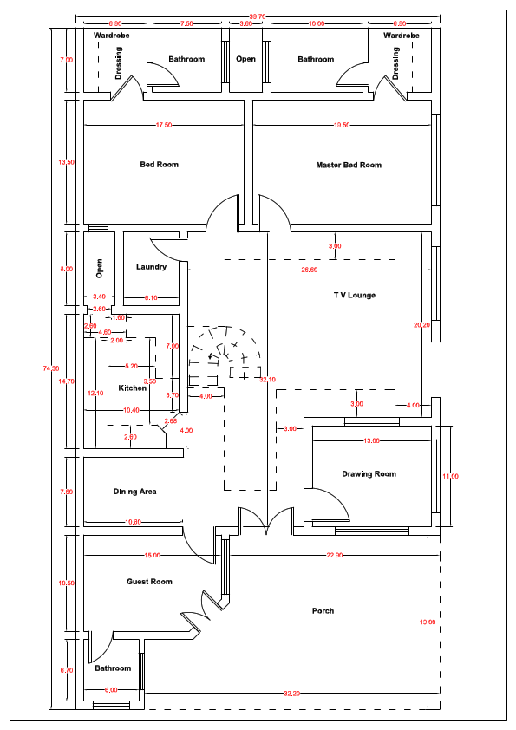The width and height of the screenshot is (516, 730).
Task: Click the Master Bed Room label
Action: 348,165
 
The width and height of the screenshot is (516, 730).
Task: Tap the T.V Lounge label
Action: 354,296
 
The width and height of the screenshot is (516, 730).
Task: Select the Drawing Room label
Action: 369,474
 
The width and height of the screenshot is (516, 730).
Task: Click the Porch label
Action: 323,611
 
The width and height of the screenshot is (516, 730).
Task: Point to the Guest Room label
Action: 149,582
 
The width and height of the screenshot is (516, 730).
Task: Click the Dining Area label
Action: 134,492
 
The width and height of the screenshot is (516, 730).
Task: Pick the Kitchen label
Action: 133,388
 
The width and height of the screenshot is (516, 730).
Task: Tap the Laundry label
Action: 151,267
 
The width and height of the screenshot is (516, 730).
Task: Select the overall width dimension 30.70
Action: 257,16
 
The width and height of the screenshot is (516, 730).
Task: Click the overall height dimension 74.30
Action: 52,368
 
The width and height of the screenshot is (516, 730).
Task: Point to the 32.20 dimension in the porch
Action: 291,694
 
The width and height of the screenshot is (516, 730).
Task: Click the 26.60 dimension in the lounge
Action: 310,270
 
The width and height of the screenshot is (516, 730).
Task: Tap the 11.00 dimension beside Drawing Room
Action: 450,476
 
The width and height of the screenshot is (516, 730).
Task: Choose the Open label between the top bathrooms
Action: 246,60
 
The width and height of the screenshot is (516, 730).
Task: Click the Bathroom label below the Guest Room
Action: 113,668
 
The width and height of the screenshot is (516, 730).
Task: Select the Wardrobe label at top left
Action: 111,36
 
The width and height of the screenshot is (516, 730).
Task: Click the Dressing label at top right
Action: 396,63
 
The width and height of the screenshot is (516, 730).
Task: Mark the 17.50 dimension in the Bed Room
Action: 163,126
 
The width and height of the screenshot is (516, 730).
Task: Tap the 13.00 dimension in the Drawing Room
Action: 371,441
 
